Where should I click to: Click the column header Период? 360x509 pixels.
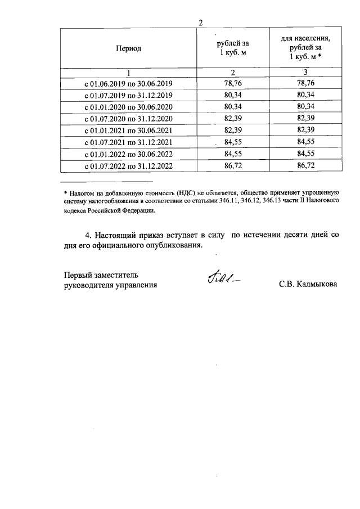pos(128,48)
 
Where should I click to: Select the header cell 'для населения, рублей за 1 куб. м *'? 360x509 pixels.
pos(305,48)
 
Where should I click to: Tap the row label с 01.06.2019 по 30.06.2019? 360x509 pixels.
pos(128,83)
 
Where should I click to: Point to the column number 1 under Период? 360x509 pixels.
pos(128,72)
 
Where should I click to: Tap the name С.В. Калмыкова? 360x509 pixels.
pos(308,285)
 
